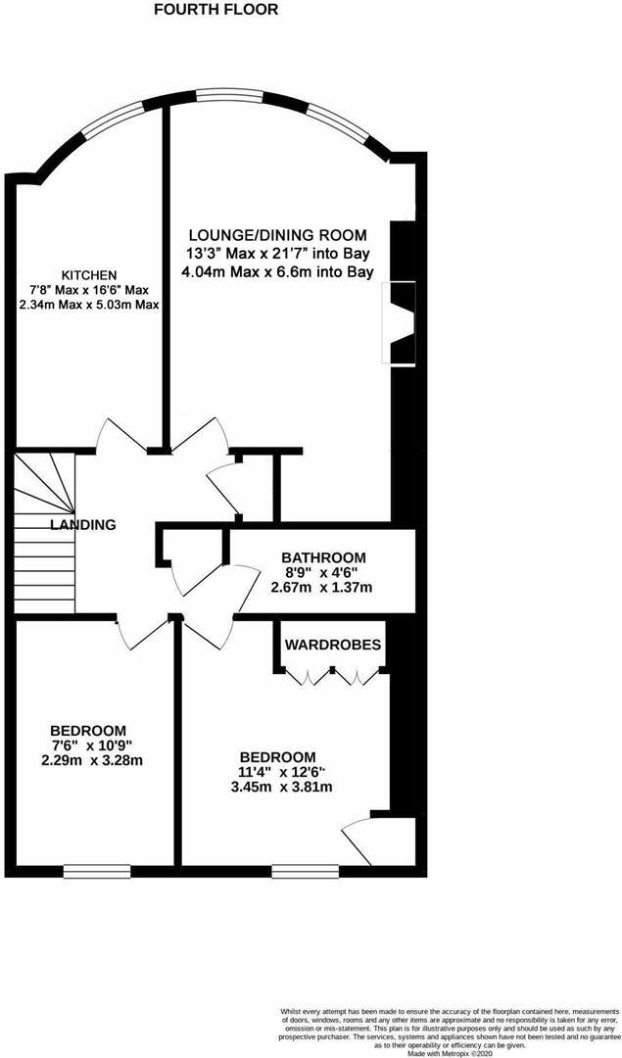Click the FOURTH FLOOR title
pyautogui.click(x=215, y=10)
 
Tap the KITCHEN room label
pyautogui.click(x=89, y=274)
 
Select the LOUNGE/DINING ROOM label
pyautogui.click(x=278, y=235)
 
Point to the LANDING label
pyautogui.click(x=83, y=525)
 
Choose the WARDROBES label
pyautogui.click(x=333, y=645)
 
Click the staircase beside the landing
pyautogui.click(x=45, y=534)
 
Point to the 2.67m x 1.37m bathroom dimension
pyautogui.click(x=322, y=588)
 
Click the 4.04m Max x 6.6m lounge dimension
pyautogui.click(x=278, y=271)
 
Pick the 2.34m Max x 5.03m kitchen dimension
pyautogui.click(x=89, y=305)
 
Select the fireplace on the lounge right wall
pyautogui.click(x=404, y=323)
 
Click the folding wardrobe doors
pyautogui.click(x=333, y=675)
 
